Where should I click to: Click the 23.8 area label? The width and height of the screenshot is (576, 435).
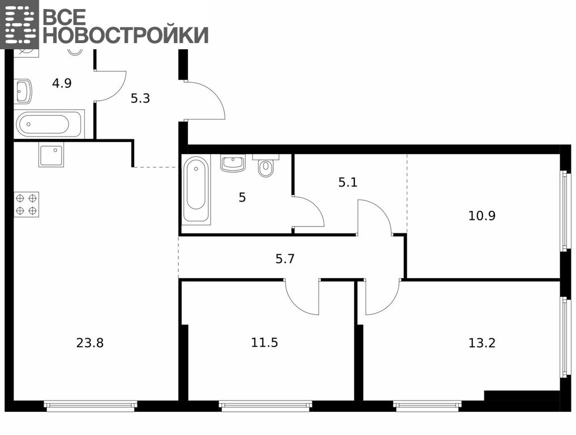click(90, 343)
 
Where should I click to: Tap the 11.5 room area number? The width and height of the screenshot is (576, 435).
click(264, 343)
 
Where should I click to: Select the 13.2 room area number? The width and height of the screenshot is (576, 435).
click(482, 343)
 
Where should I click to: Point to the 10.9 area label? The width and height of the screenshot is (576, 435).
click(482, 215)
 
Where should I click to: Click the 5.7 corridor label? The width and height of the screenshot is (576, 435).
click(285, 259)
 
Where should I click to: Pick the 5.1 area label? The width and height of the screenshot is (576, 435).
click(348, 182)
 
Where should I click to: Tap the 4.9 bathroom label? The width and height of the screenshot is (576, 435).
click(62, 83)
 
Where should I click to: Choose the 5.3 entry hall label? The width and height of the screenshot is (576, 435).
click(140, 99)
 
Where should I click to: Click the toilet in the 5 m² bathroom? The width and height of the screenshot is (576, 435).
click(265, 166)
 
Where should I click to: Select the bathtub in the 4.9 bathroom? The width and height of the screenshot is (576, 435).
click(49, 124)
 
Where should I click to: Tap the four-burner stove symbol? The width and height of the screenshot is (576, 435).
click(27, 204)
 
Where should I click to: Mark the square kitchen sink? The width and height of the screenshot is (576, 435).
click(51, 155)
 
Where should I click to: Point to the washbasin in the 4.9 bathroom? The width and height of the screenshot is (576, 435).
click(23, 92)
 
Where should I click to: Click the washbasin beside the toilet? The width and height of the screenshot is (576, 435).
click(233, 163)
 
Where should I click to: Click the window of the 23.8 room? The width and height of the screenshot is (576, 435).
click(91, 405)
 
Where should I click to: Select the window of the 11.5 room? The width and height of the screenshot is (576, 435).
click(265, 405)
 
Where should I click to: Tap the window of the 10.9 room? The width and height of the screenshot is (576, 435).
click(564, 211)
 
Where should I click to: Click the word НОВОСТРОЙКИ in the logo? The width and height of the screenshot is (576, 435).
click(126, 35)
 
